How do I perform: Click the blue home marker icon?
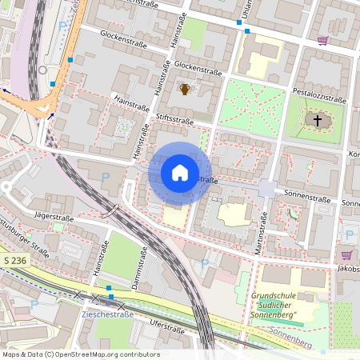180,173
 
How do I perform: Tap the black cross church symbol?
317,122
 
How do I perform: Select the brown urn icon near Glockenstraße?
185,89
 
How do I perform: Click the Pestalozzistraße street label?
319,97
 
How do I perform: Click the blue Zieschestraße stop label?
107,314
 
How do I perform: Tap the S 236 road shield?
14,261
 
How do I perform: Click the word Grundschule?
275,294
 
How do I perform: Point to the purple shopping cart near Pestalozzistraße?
322,40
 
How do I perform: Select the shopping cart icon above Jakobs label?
346,255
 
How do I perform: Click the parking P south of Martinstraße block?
204,262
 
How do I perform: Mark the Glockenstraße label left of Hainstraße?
124,39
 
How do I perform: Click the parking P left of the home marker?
105,176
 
